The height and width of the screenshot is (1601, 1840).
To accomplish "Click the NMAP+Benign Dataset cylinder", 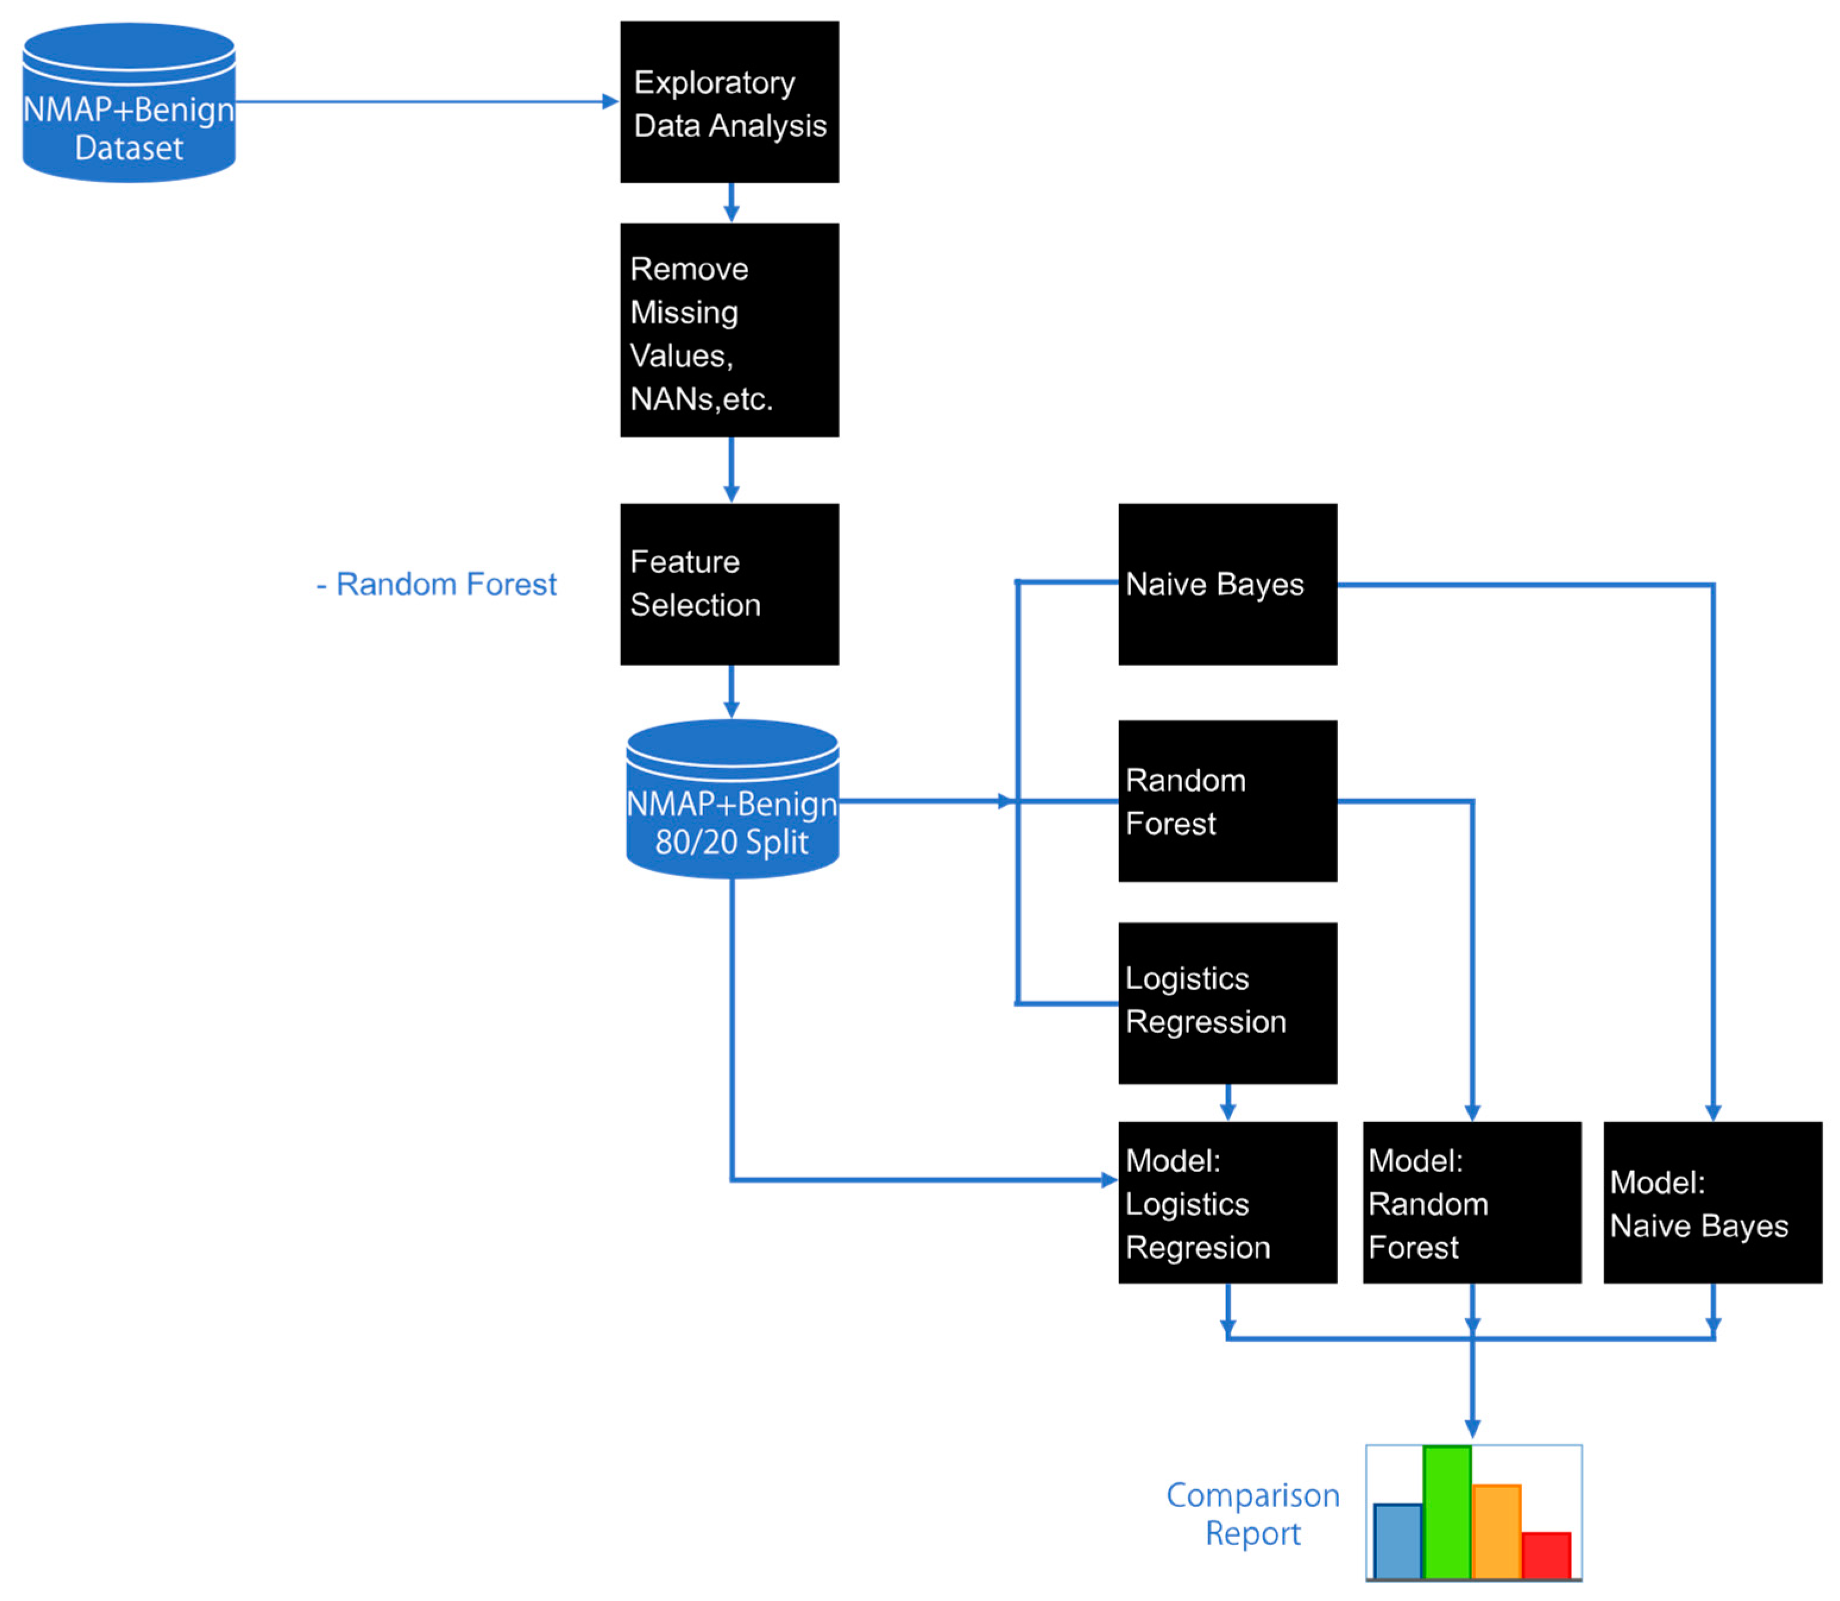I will pyautogui.click(x=129, y=103).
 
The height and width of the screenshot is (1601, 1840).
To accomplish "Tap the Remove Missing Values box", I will pyautogui.click(x=729, y=330).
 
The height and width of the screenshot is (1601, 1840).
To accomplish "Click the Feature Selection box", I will pyautogui.click(x=729, y=585).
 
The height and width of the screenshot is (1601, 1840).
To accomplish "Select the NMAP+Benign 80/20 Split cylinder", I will pyautogui.click(x=732, y=800).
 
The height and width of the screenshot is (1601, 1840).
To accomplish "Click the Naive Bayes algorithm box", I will pyautogui.click(x=1227, y=585).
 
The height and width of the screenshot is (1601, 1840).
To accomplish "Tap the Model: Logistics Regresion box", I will pyautogui.click(x=1227, y=1202).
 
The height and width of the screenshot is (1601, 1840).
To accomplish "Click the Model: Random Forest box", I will pyautogui.click(x=1471, y=1202).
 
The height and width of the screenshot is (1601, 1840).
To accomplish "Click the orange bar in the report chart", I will pyautogui.click(x=1496, y=1531).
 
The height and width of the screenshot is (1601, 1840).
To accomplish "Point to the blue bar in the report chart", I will pyautogui.click(x=1397, y=1541).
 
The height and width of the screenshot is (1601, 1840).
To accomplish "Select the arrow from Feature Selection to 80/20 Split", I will pyautogui.click(x=731, y=693).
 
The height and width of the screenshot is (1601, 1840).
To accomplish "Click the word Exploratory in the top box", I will pyautogui.click(x=714, y=82).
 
